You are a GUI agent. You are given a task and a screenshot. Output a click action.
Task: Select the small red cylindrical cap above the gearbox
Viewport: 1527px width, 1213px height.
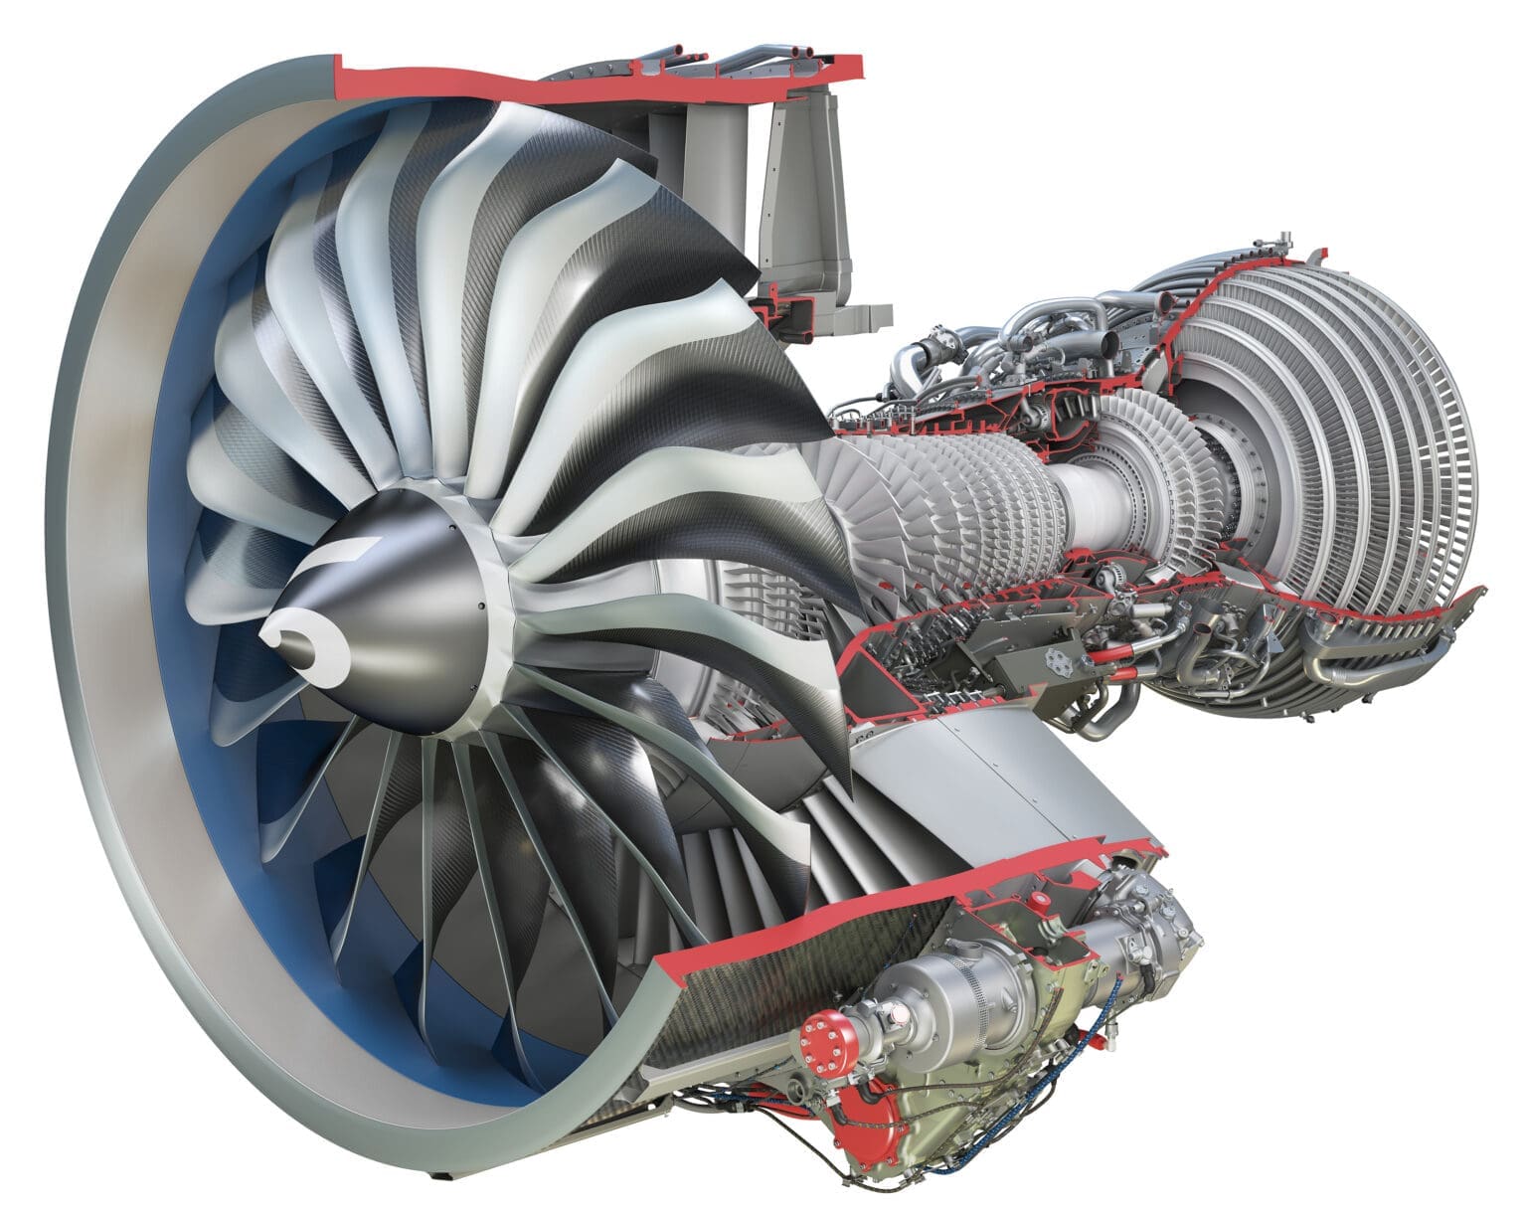(x=1040, y=903)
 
